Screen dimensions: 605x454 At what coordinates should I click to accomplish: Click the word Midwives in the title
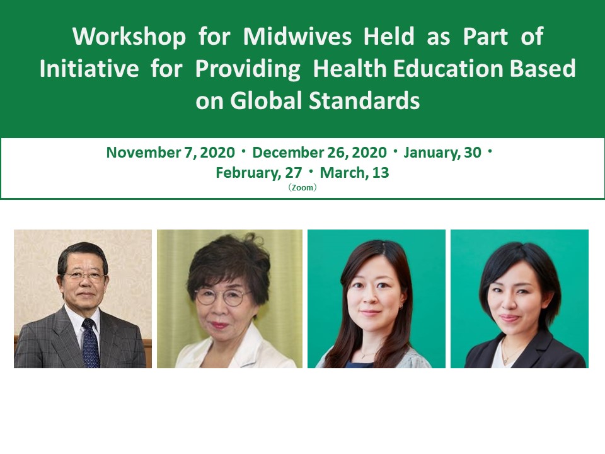[297, 37]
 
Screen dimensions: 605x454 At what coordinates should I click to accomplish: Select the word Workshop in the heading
[129, 37]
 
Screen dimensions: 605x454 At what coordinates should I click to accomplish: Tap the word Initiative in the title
[89, 68]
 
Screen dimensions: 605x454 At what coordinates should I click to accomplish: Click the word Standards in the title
[364, 100]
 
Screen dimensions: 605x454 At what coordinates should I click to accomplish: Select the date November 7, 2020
[171, 153]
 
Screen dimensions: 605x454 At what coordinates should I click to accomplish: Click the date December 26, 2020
[320, 153]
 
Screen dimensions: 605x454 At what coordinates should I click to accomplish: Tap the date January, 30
[442, 153]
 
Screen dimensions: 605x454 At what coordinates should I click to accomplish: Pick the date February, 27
[259, 173]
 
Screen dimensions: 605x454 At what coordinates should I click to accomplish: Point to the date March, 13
[354, 173]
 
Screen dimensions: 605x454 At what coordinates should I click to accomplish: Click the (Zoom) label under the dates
[302, 188]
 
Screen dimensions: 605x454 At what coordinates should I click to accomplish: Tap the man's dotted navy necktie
[91, 343]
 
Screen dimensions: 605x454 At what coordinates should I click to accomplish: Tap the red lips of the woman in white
[219, 325]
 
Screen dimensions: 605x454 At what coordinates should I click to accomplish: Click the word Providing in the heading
[248, 69]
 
